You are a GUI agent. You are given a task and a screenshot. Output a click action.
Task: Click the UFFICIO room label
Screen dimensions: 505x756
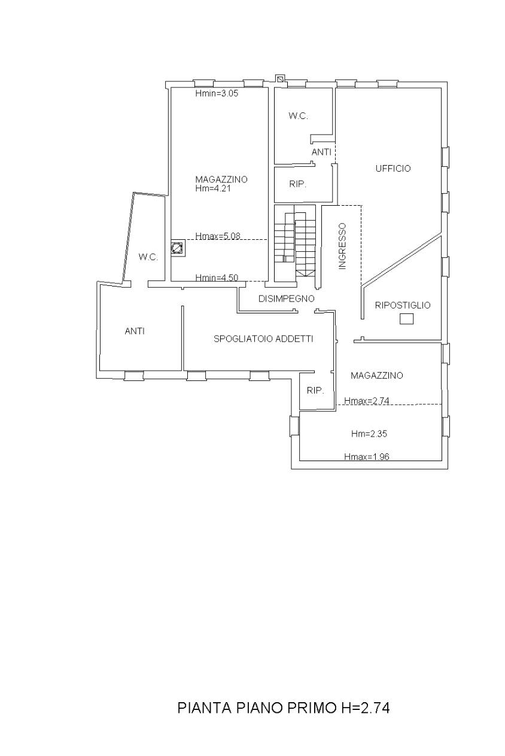coord(393,168)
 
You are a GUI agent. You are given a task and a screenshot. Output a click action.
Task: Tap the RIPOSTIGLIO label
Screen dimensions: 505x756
coord(402,305)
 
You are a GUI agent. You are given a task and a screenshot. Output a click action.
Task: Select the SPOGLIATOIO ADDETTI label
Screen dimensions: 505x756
coord(263,339)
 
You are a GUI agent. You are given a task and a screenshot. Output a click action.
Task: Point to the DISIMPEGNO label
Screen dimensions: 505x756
coord(286,298)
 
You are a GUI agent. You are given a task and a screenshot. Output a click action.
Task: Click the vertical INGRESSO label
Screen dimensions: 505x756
coord(342,246)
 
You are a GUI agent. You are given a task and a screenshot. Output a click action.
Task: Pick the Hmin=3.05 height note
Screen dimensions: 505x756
coord(217,93)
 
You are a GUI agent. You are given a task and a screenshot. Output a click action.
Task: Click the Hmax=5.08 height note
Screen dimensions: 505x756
coord(218,236)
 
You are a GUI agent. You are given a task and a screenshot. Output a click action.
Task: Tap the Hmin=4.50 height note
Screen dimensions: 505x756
coord(217,278)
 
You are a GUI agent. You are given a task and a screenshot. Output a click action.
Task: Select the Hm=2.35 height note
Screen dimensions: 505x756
coord(369,434)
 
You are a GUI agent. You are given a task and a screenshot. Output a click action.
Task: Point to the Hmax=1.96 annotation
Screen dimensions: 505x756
coord(367,456)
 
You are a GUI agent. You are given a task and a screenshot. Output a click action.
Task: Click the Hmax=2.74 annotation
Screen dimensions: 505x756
coord(367,401)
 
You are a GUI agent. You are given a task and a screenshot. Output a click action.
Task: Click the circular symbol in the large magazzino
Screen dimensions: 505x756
coord(177,248)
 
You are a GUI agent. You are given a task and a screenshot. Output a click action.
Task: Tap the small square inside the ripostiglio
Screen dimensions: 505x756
coord(406,319)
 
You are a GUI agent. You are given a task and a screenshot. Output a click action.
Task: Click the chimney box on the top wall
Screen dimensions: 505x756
coord(280,78)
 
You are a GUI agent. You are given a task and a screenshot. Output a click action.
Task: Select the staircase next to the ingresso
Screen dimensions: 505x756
coord(295,243)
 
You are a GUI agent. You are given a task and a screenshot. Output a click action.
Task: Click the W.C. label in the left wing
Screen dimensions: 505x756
coord(148,257)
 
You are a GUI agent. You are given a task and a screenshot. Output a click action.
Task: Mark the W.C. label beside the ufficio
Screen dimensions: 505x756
coord(298,116)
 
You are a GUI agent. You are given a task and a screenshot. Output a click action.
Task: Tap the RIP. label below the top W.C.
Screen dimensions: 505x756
coord(297,184)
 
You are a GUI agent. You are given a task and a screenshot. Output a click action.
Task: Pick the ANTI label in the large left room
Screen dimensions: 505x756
coord(135,331)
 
